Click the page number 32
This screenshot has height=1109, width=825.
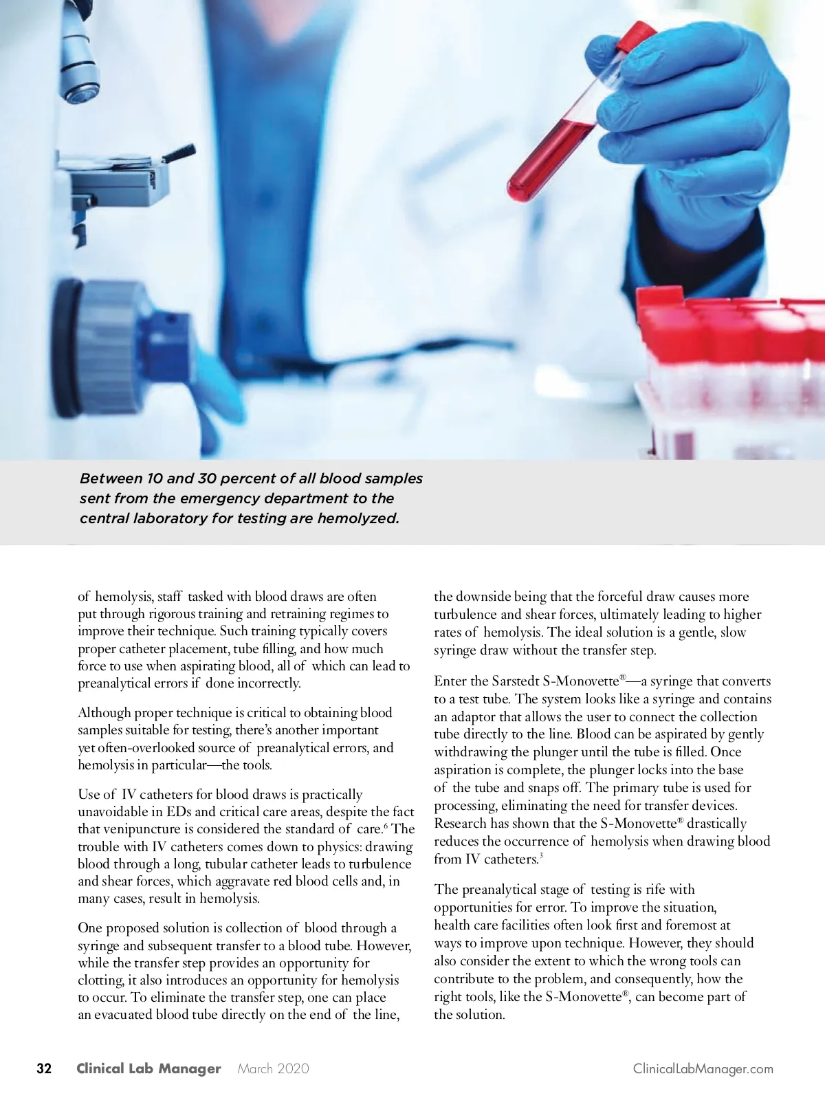[x=44, y=1068]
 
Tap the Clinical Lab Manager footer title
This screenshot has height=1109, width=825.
[x=148, y=1068]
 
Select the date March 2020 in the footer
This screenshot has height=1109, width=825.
[x=273, y=1068]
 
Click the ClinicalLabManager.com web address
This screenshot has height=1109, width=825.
[x=703, y=1069]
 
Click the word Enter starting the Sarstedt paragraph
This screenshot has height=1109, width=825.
[x=451, y=681]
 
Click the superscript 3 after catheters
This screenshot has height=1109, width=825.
[x=541, y=856]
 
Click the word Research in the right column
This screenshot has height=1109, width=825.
[x=461, y=824]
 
